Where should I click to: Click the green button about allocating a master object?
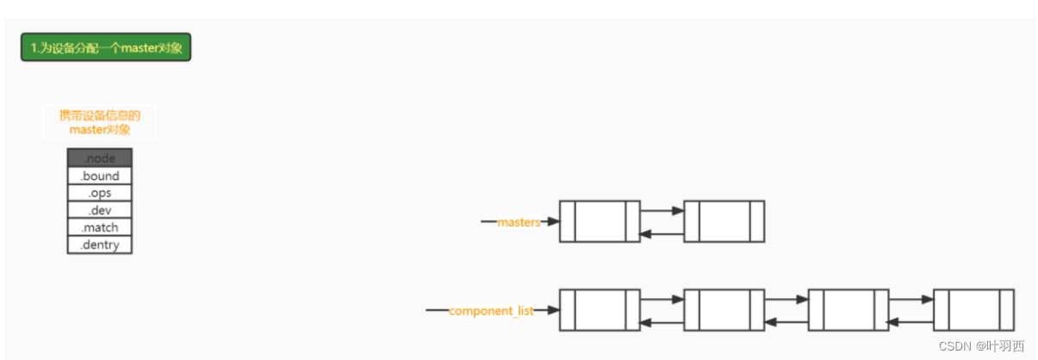[106, 47]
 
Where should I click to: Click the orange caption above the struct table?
[100, 122]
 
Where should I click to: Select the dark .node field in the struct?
[100, 158]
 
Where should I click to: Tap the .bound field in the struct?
[100, 176]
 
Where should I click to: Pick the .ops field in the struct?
[100, 193]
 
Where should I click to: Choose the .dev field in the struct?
[100, 210]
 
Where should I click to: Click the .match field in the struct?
[100, 227]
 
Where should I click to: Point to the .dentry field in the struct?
[100, 245]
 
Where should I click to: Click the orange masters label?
[519, 222]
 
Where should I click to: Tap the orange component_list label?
[491, 310]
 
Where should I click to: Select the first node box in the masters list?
[600, 221]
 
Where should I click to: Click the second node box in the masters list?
[724, 221]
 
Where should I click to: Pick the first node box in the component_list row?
[600, 310]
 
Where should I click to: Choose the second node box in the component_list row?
[724, 310]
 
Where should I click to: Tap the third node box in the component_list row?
[848, 310]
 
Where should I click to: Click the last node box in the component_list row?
[973, 310]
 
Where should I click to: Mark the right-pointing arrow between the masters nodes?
[662, 209]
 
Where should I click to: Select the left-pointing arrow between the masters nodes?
[662, 233]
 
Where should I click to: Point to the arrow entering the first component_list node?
[546, 310]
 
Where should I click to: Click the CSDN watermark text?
[981, 345]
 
